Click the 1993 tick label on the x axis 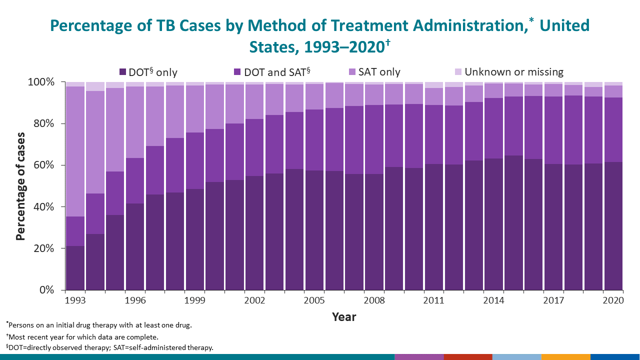(x=74, y=300)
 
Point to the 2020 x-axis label (x=613, y=300)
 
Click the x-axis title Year (x=344, y=317)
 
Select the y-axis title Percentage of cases (x=20, y=186)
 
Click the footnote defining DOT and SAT (x=109, y=347)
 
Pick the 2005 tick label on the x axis (x=314, y=300)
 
